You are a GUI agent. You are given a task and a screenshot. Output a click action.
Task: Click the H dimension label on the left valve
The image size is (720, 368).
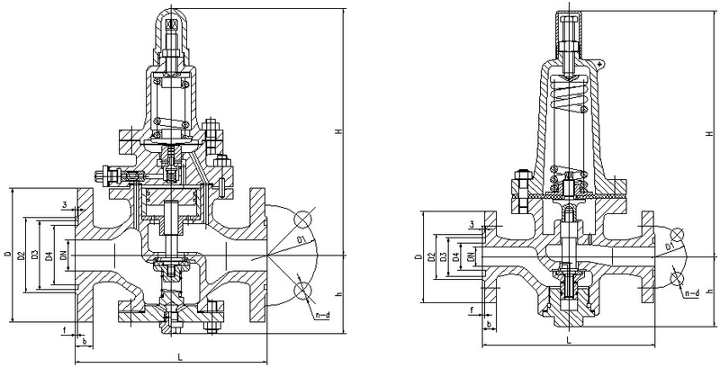tap(339, 131)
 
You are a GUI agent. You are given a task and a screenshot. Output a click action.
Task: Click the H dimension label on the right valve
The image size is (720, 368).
tap(710, 133)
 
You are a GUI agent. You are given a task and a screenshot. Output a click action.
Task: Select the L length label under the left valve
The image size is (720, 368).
tap(180, 357)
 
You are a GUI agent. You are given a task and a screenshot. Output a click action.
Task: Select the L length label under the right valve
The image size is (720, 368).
tap(569, 340)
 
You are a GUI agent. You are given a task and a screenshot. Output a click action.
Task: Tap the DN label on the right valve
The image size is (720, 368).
tap(470, 257)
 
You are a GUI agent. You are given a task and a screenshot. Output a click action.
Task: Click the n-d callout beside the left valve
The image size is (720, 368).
tap(323, 315)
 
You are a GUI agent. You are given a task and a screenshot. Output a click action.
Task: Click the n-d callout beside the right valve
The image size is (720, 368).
tap(692, 293)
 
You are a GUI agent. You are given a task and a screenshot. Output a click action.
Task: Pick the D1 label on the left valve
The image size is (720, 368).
tap(302, 239)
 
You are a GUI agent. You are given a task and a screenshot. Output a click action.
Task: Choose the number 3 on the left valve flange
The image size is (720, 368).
tap(66, 204)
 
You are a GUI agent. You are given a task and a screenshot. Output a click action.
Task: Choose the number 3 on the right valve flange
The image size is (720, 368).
tap(472, 223)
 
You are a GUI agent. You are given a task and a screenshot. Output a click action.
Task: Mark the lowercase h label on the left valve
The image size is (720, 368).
tap(339, 293)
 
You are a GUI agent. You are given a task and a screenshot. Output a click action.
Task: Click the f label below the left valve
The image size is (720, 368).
tap(64, 329)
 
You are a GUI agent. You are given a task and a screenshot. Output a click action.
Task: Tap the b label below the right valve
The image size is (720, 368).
tap(488, 324)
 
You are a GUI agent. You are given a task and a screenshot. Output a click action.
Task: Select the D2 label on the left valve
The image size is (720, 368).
tap(20, 256)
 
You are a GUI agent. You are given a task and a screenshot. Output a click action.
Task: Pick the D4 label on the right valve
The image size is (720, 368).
tap(455, 257)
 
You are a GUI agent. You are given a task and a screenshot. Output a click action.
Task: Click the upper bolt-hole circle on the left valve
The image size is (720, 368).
tap(302, 219)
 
